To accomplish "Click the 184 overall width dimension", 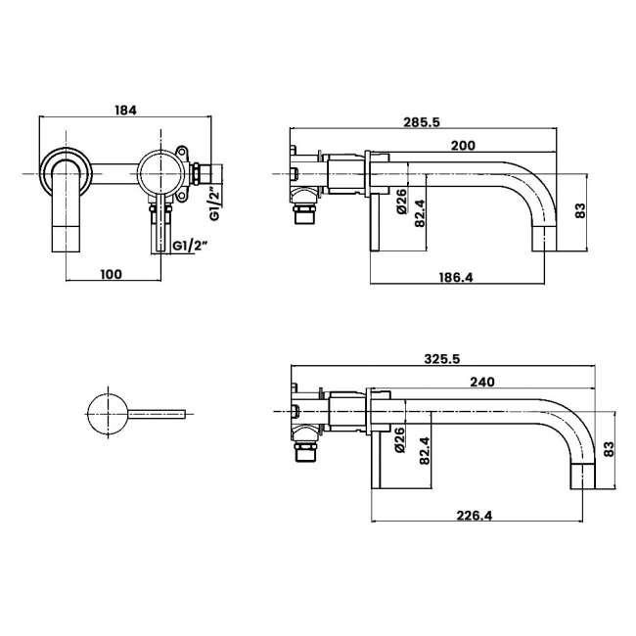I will click(125, 110).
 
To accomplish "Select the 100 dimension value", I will click(111, 274).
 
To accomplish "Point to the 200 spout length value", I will click(463, 145).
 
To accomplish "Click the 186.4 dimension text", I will click(455, 278).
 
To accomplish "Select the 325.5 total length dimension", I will click(442, 359).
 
